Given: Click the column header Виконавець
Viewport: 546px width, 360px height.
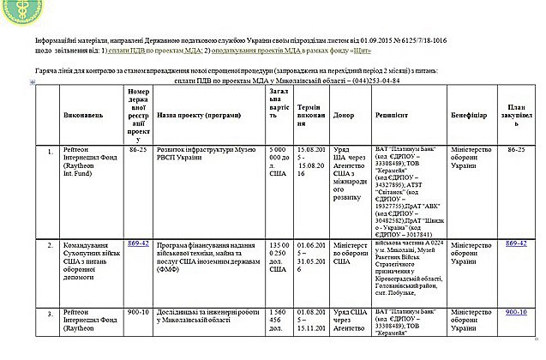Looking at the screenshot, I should (82, 114).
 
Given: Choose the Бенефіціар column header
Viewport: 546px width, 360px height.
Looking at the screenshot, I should (470, 114).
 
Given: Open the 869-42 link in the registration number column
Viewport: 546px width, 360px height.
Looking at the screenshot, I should (139, 219).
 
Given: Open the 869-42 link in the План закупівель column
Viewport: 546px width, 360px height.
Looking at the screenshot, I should (516, 219).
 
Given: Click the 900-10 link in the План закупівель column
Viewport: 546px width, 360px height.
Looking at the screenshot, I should (516, 312).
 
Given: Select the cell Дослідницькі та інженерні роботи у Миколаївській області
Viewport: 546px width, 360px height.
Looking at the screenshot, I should (206, 316).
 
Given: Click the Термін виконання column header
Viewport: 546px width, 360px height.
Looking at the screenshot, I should (312, 114).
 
